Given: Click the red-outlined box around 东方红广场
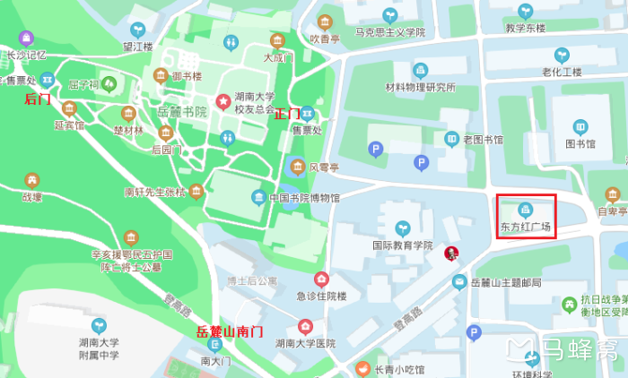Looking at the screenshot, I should click(x=527, y=216).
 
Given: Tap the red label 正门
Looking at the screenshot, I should click(x=287, y=114).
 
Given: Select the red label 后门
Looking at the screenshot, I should click(x=38, y=99).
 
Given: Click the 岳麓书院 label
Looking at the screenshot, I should click(x=182, y=112).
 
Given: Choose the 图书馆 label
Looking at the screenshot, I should click(x=580, y=144).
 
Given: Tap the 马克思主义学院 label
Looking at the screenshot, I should click(x=389, y=32).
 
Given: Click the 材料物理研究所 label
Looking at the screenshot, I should click(x=420, y=87).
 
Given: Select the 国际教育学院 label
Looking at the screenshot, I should click(x=402, y=245).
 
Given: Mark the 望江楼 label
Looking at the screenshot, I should click(x=138, y=47).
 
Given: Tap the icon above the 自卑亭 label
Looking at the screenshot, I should click(x=613, y=194).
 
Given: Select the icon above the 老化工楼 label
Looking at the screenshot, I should click(x=562, y=55).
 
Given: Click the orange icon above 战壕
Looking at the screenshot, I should click(x=32, y=180).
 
